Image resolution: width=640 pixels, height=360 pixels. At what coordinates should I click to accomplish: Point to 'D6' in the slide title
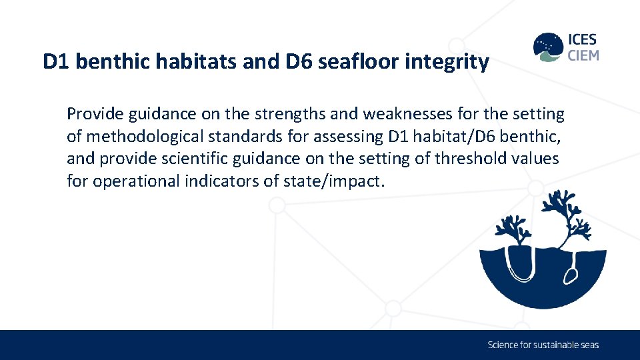pos(301,62)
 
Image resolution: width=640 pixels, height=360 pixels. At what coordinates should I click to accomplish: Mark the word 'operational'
pos(136,181)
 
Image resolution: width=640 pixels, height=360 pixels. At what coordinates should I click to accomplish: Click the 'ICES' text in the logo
pos(583,40)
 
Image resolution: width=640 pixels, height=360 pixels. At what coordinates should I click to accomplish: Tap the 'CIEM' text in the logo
pos(583,55)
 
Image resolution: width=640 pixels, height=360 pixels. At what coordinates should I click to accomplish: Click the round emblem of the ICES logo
pos(548,47)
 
